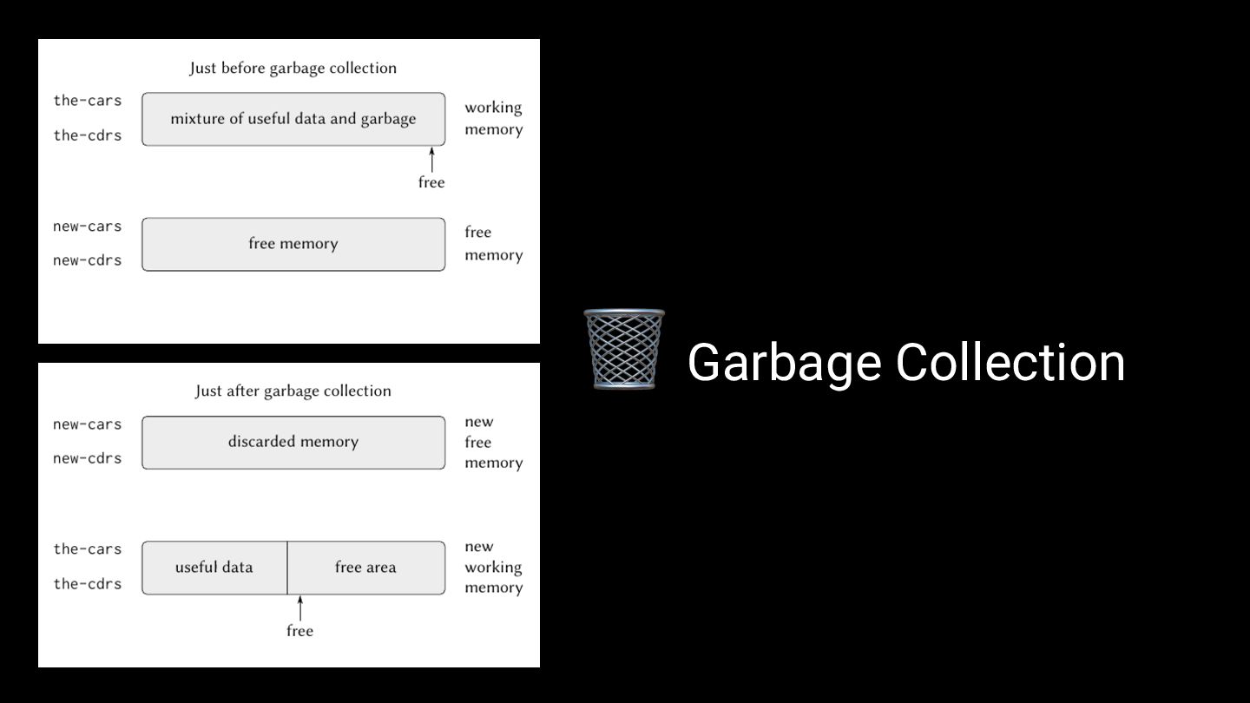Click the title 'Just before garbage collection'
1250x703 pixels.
click(293, 68)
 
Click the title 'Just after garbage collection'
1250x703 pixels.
click(293, 391)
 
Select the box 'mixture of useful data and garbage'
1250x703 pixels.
click(293, 119)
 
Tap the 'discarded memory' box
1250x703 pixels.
click(293, 442)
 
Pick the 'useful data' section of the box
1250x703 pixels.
click(214, 568)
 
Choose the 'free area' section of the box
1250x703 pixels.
click(365, 568)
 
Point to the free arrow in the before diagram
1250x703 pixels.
click(431, 161)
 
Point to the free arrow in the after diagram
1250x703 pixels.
click(300, 608)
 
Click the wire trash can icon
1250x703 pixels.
click(624, 349)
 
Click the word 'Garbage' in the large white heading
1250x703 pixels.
click(783, 362)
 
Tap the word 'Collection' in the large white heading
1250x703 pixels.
click(1010, 362)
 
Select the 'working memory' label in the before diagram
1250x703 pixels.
click(493, 118)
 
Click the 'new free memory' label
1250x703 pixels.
click(493, 442)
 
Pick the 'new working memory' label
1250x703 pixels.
click(493, 567)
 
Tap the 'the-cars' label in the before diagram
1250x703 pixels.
click(88, 101)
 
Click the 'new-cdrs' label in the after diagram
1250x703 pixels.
click(88, 458)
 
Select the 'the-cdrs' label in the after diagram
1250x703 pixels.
click(88, 584)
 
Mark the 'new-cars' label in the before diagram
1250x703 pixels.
click(88, 227)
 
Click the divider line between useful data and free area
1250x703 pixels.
click(287, 568)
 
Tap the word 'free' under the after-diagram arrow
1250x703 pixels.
click(299, 631)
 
